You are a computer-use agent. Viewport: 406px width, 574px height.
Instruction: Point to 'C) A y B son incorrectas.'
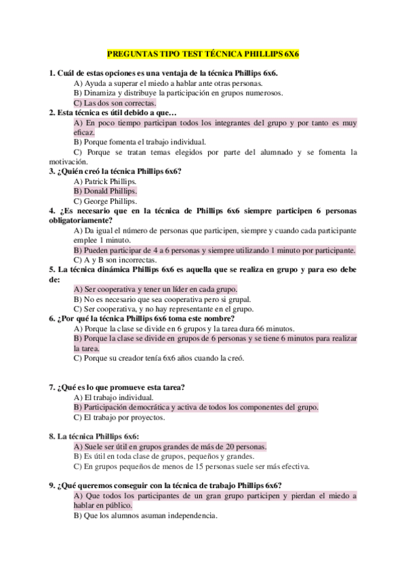click(x=115, y=260)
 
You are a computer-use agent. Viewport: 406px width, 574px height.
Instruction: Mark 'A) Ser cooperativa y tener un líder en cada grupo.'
click(x=155, y=289)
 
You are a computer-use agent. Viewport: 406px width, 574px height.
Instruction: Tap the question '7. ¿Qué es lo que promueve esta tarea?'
click(x=117, y=388)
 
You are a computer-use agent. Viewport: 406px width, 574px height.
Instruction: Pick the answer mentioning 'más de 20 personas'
click(x=170, y=447)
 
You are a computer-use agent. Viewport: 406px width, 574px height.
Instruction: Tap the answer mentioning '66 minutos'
click(x=173, y=328)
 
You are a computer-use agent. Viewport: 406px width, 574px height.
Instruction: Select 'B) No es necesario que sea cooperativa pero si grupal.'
click(x=162, y=299)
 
